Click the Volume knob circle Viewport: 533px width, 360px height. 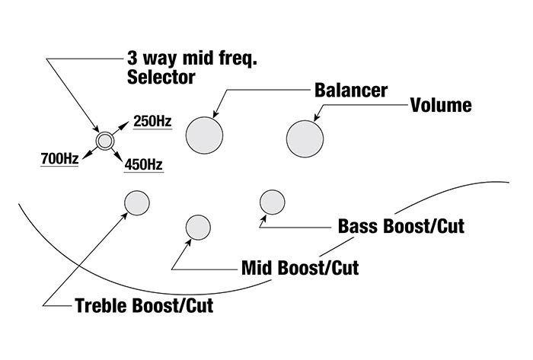pyautogui.click(x=305, y=139)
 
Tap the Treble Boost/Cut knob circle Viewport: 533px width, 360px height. pyautogui.click(x=136, y=202)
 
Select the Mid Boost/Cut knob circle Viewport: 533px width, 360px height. pyautogui.click(x=198, y=228)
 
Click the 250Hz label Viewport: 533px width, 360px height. pyautogui.click(x=152, y=121)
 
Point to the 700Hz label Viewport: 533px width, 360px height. pyautogui.click(x=59, y=159)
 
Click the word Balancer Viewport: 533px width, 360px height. pyautogui.click(x=351, y=90)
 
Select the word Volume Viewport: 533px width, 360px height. pyautogui.click(x=441, y=105)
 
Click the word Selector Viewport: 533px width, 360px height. pyautogui.click(x=161, y=77)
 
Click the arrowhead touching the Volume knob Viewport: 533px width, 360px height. pyautogui.click(x=316, y=118)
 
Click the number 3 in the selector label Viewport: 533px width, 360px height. pyautogui.click(x=131, y=58)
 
